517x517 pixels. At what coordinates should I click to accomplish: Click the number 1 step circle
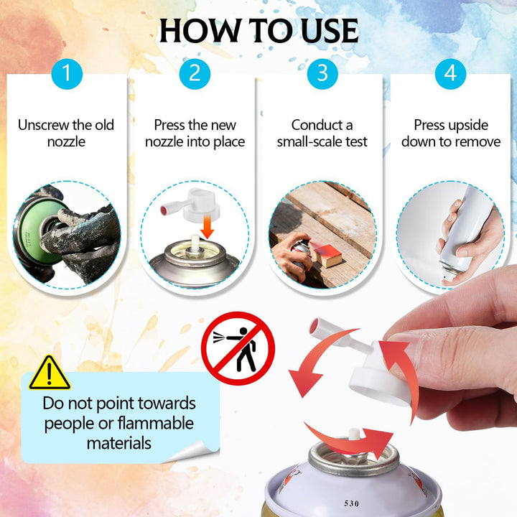[67, 73]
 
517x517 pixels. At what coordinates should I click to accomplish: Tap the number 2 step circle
[195, 73]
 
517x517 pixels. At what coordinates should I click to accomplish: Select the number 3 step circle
[322, 73]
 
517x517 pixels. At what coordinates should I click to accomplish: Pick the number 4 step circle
[450, 73]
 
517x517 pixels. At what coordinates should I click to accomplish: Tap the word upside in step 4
[468, 126]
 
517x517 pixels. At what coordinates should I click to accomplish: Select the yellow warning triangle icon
[50, 373]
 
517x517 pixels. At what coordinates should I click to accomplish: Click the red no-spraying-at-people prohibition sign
[238, 348]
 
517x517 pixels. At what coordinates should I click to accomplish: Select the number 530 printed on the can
[351, 503]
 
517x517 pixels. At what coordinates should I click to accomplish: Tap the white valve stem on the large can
[353, 435]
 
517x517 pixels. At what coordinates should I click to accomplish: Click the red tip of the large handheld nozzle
[314, 325]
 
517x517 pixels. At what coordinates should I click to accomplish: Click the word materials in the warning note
[119, 443]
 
